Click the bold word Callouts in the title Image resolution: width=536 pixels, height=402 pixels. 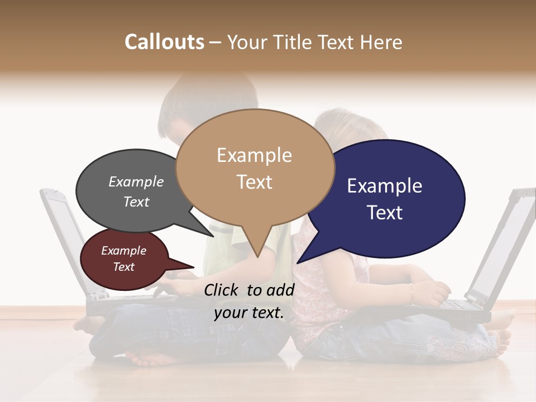(x=164, y=42)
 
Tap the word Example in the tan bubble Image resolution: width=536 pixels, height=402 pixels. (x=254, y=155)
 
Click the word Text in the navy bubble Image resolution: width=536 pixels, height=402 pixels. (x=385, y=213)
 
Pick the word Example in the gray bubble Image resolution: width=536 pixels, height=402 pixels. (x=136, y=182)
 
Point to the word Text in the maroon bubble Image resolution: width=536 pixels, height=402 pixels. (x=123, y=267)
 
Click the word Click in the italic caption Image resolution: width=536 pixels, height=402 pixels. (x=223, y=290)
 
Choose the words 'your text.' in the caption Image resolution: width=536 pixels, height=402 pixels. (x=249, y=313)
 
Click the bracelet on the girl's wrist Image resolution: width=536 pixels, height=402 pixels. (x=410, y=291)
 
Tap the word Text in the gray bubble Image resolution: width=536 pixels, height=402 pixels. (x=136, y=202)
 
